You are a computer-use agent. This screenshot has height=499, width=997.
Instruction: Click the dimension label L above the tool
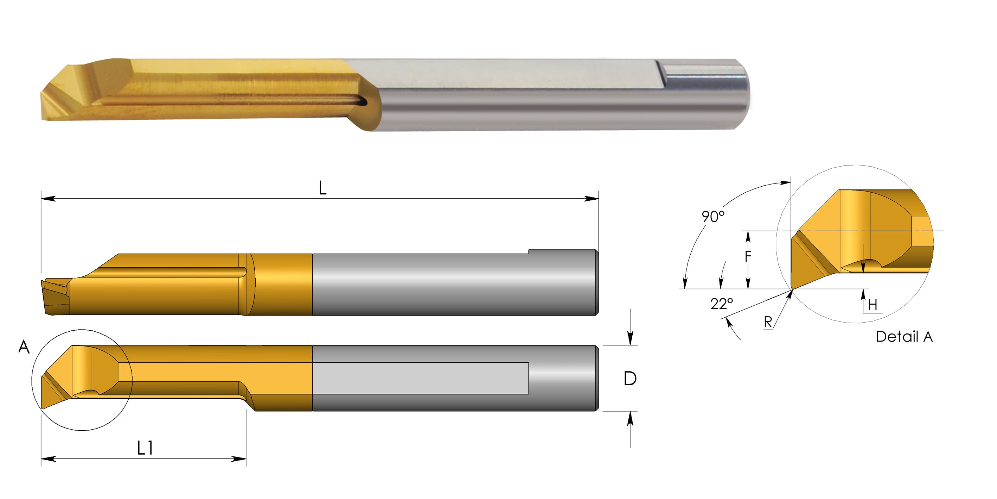point(322,189)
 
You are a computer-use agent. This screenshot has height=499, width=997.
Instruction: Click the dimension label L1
point(145,448)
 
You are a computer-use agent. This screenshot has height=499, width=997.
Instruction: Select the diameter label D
point(630,379)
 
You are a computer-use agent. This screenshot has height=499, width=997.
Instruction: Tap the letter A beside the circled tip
point(24,347)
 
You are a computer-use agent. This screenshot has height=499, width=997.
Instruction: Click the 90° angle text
point(713,217)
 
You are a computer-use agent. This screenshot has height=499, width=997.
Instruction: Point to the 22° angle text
point(721,304)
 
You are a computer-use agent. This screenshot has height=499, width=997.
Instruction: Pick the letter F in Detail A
point(748,256)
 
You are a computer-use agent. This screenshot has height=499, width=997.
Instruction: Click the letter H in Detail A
point(873,305)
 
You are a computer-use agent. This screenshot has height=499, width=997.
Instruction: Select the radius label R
point(768,322)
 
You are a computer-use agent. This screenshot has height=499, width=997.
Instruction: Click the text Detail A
point(904,337)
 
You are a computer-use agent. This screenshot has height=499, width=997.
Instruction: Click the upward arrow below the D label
point(630,418)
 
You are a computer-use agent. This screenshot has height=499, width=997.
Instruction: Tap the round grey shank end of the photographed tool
point(741,95)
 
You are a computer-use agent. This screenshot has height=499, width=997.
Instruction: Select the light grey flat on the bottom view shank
point(420,378)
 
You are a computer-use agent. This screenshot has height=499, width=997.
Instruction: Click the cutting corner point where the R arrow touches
point(792,289)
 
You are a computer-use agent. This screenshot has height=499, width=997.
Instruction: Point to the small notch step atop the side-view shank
point(529,252)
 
